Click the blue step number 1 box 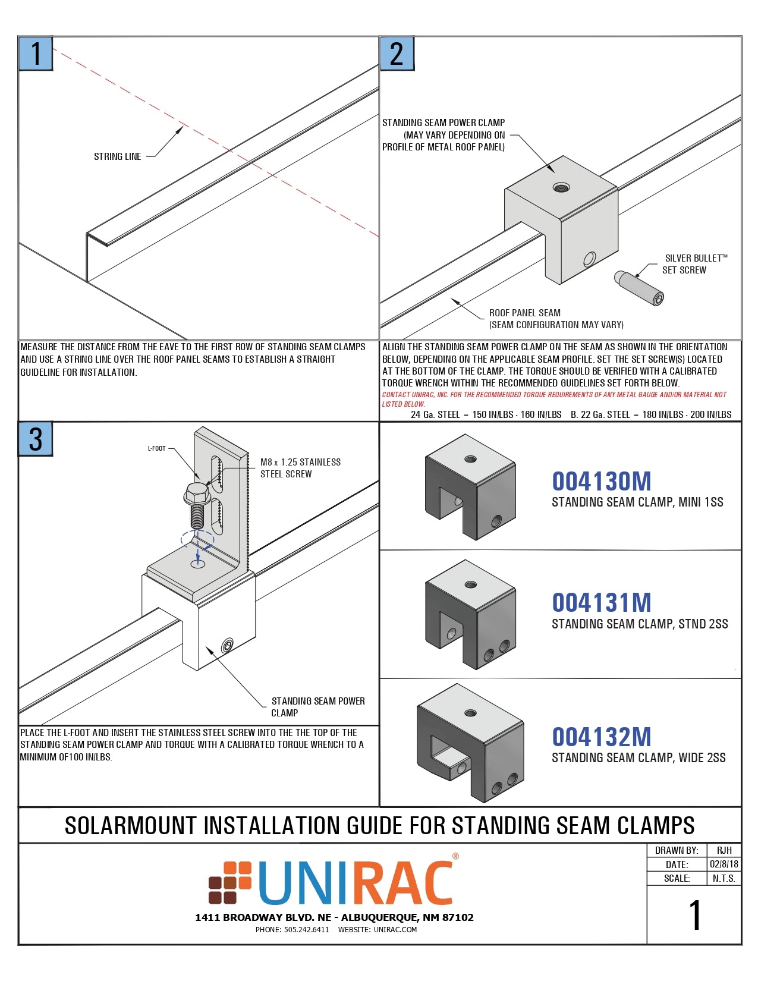[x=36, y=54]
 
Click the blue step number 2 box [x=397, y=54]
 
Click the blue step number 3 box [x=36, y=439]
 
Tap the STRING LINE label [x=117, y=157]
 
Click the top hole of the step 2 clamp [x=561, y=188]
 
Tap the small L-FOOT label [x=157, y=448]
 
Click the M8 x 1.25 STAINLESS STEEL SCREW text [x=300, y=468]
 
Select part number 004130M [x=601, y=482]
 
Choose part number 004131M [x=601, y=603]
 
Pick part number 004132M [x=601, y=737]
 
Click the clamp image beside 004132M [x=470, y=743]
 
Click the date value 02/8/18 [x=724, y=864]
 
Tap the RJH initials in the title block [x=724, y=850]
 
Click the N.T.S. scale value [x=724, y=878]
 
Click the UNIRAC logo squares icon [x=230, y=883]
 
